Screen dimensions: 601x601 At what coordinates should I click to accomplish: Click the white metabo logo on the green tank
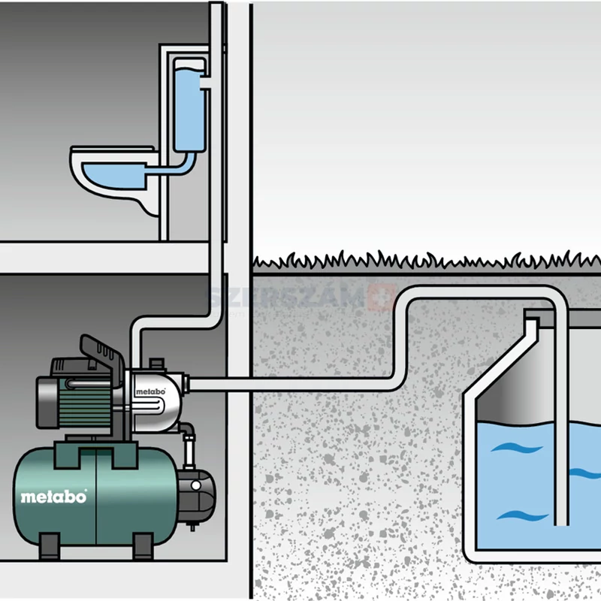click(53, 497)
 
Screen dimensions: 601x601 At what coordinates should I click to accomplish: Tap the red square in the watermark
click(385, 295)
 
